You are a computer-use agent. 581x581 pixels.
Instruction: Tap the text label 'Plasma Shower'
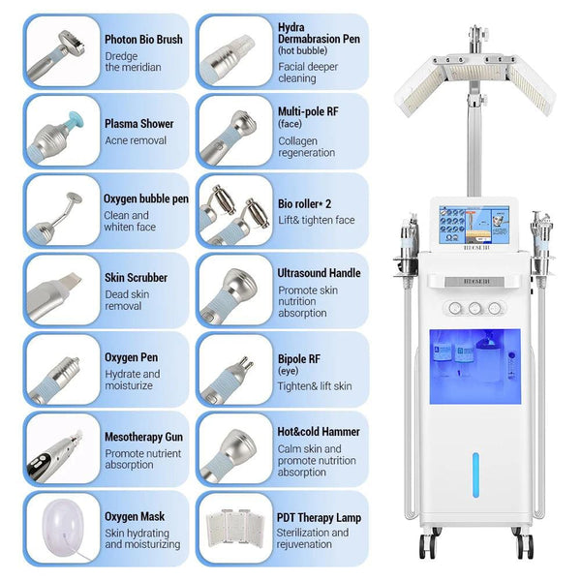[x=138, y=124]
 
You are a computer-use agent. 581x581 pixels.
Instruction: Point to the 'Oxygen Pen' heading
[x=131, y=357]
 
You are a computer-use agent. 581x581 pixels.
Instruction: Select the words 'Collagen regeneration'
[x=306, y=147]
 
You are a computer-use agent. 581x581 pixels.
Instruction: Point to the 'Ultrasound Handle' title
[x=319, y=274]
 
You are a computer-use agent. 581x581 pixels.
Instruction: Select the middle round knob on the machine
[x=474, y=308]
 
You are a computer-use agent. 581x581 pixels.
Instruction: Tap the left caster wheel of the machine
[x=426, y=546]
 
